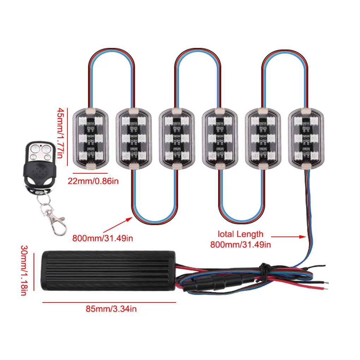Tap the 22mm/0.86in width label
pos(94,181)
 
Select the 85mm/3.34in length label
pos(111,310)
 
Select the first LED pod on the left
pos(90,137)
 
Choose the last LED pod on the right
pos(306,137)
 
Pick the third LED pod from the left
pos(176,137)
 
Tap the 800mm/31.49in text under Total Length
pos(240,244)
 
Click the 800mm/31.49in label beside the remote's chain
pos(103,238)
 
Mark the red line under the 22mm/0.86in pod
pos(90,173)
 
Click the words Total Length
pos(240,234)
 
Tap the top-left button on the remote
pos(34,149)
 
